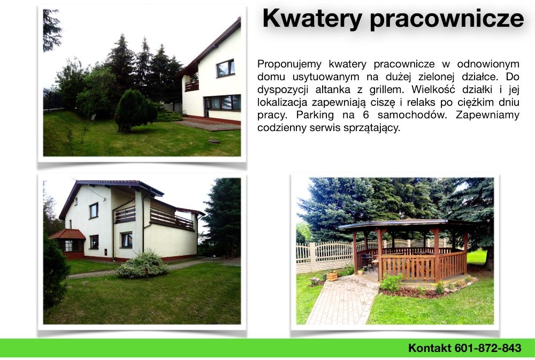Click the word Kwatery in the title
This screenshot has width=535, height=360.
pyautogui.click(x=312, y=19)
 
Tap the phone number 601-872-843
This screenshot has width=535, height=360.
pyautogui.click(x=488, y=348)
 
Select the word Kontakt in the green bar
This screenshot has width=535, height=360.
pyautogui.click(x=430, y=348)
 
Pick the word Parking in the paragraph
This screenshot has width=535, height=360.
pyautogui.click(x=315, y=115)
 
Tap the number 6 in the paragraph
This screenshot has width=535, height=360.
pyautogui.click(x=366, y=114)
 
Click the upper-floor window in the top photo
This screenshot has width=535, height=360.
pyautogui.click(x=225, y=68)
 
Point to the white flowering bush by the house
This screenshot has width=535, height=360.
pyautogui.click(x=142, y=264)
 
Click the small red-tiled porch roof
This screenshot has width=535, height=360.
pyautogui.click(x=67, y=234)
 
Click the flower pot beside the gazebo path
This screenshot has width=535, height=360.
pyautogui.click(x=332, y=275)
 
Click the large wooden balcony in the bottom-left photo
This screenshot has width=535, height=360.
pyautogui.click(x=172, y=218)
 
